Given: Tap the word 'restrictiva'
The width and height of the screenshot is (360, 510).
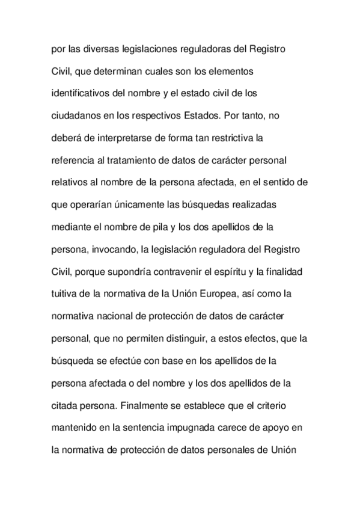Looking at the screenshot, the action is pos(228,138).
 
